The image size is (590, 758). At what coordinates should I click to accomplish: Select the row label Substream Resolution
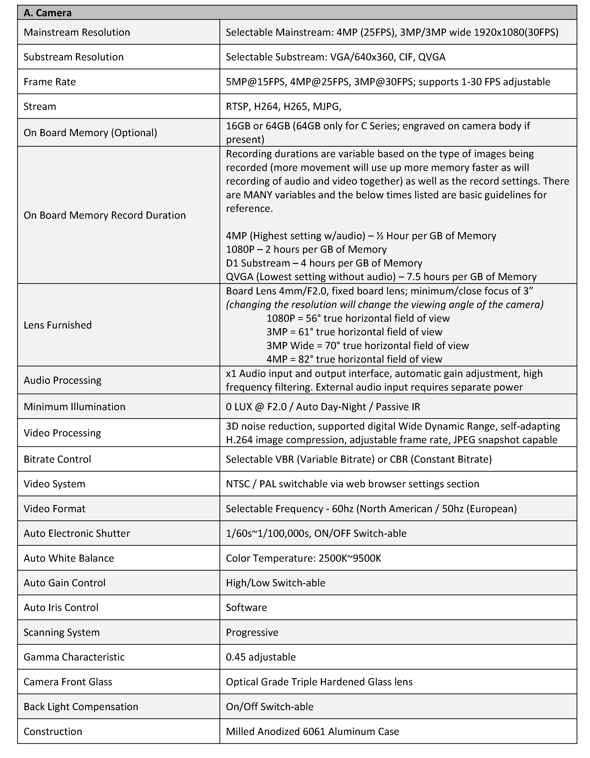pyautogui.click(x=74, y=57)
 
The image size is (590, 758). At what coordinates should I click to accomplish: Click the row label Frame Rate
pyautogui.click(x=50, y=82)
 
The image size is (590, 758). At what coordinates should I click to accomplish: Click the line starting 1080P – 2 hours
pyautogui.click(x=306, y=249)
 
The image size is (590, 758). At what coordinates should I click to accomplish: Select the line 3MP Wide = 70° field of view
pyautogui.click(x=367, y=345)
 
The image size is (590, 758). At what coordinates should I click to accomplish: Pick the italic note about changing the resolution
pyautogui.click(x=384, y=304)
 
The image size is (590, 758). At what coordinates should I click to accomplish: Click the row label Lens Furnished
pyautogui.click(x=58, y=325)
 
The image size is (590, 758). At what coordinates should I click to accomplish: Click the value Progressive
pyautogui.click(x=252, y=632)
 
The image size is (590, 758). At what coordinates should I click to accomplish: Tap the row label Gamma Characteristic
pyautogui.click(x=74, y=657)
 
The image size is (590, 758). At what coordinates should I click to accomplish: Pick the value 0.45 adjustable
pyautogui.click(x=260, y=657)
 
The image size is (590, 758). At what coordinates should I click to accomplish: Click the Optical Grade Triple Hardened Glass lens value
pyautogui.click(x=319, y=682)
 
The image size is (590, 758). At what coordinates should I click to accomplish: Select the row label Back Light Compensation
pyautogui.click(x=81, y=706)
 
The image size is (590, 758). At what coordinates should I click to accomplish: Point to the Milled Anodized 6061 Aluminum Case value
pyautogui.click(x=312, y=731)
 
